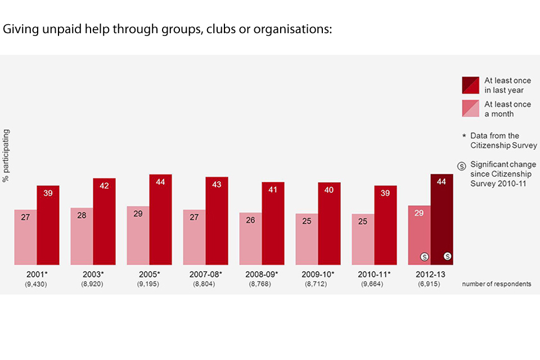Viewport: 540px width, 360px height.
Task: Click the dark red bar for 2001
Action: point(48,225)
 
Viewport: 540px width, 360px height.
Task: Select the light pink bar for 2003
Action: point(82,236)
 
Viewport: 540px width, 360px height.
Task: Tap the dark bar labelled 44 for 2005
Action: point(160,219)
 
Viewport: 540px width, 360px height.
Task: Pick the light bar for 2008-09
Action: point(250,238)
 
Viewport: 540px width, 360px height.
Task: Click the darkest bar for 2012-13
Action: point(442,219)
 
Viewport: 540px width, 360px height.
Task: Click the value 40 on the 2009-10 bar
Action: point(329,190)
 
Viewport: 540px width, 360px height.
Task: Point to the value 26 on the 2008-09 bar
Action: point(250,220)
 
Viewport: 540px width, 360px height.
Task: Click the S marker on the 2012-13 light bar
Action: point(424,256)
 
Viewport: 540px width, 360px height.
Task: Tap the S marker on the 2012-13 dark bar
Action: point(448,256)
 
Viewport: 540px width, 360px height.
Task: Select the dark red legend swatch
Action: point(470,85)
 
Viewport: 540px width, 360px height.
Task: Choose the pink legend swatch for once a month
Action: point(470,109)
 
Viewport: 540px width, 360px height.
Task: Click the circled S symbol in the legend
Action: point(461,165)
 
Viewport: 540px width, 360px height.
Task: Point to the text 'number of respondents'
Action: point(496,284)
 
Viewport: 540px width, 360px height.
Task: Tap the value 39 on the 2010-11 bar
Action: point(385,193)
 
